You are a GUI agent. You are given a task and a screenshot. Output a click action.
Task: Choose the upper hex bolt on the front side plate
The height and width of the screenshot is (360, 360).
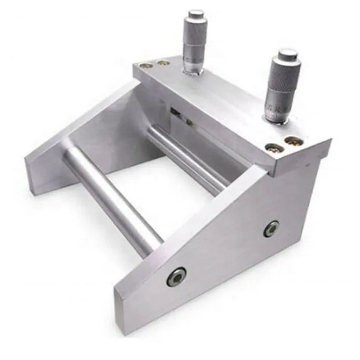pyautogui.click(x=271, y=228)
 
